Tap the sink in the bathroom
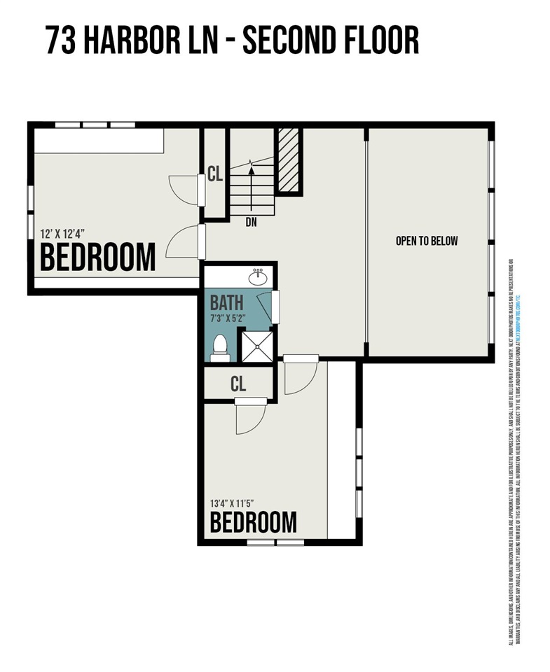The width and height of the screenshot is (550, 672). tap(258, 276)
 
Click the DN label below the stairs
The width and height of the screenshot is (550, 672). tap(252, 223)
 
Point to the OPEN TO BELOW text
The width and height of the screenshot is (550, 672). tap(426, 241)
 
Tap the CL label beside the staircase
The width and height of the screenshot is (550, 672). tap(215, 174)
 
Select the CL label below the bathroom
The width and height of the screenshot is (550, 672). tap(238, 384)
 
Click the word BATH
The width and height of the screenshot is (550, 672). tap(227, 303)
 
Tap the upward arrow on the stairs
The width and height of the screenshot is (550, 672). tap(252, 183)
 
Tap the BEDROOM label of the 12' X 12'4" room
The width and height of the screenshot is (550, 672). tap(97, 258)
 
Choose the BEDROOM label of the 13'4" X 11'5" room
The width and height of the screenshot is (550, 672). tap(254, 522)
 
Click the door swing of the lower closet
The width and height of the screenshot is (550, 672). tap(249, 419)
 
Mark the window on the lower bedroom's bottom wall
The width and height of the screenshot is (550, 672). tap(275, 542)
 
